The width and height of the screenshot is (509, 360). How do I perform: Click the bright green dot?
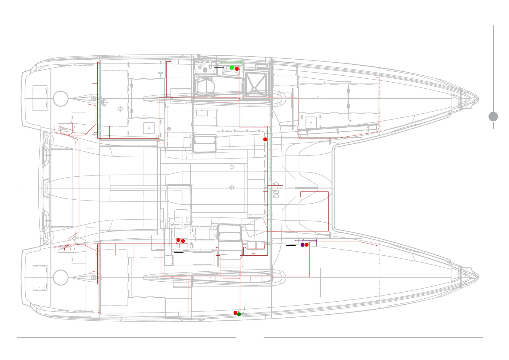coord(232,68)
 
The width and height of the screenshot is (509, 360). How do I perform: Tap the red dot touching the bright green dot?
coord(237,69)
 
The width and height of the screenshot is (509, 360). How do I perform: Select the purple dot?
coord(303,245)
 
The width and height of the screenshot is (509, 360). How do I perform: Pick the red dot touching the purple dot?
coord(306,245)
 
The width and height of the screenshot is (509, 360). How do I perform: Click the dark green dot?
coord(239,314)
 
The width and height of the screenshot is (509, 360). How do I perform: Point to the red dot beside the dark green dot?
coord(235,313)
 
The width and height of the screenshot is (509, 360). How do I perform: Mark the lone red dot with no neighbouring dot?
coord(265,139)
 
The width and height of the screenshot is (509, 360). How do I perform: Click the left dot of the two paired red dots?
coord(178,240)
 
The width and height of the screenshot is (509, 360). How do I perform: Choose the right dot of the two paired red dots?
coord(183,241)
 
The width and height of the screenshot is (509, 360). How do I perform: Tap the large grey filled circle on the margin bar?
coord(493,116)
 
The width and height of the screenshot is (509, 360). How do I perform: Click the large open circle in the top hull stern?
coord(60,99)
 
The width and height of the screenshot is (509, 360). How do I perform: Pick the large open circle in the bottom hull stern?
coord(60,277)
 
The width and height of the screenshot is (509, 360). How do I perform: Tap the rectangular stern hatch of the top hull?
coord(40,98)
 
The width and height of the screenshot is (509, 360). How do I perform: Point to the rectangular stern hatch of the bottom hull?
coord(40,277)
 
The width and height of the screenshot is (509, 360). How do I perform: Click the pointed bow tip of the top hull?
coord(478,99)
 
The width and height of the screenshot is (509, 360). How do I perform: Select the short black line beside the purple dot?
coord(290,245)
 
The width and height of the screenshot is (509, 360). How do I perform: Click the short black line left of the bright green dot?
coord(219,67)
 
